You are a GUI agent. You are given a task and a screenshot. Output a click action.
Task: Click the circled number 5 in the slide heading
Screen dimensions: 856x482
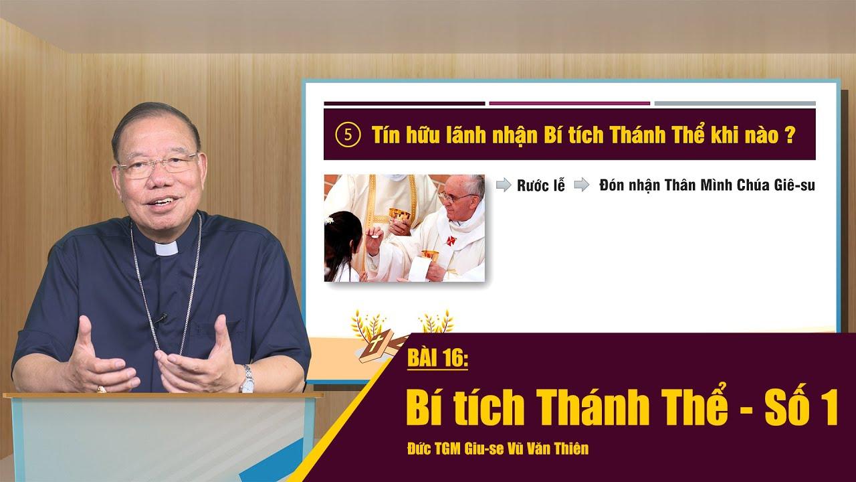[348, 135]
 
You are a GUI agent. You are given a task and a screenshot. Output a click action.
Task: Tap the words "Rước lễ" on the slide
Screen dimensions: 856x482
[541, 185]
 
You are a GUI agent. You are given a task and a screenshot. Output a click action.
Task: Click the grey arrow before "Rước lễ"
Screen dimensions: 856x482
[504, 185]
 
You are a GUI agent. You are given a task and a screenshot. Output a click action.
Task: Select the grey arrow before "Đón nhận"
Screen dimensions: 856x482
[582, 185]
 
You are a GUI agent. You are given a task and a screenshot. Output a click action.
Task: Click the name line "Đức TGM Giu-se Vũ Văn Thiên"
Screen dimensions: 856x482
[498, 449]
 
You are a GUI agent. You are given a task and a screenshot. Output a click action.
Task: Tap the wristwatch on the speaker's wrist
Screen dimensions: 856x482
[247, 379]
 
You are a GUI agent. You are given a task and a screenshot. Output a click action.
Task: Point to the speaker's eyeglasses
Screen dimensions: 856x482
[157, 165]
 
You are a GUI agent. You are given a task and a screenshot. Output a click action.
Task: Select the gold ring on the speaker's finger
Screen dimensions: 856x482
[101, 390]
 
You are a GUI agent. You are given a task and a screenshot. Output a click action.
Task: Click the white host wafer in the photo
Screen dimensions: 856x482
[377, 236]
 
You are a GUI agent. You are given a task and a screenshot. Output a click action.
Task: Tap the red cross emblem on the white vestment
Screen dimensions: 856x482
[450, 241]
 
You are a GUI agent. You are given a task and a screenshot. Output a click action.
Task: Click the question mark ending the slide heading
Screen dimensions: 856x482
[790, 136]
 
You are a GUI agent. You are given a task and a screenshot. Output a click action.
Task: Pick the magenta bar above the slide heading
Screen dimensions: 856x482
[569, 103]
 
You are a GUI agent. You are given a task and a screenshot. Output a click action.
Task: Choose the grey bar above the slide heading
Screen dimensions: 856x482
[735, 103]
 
